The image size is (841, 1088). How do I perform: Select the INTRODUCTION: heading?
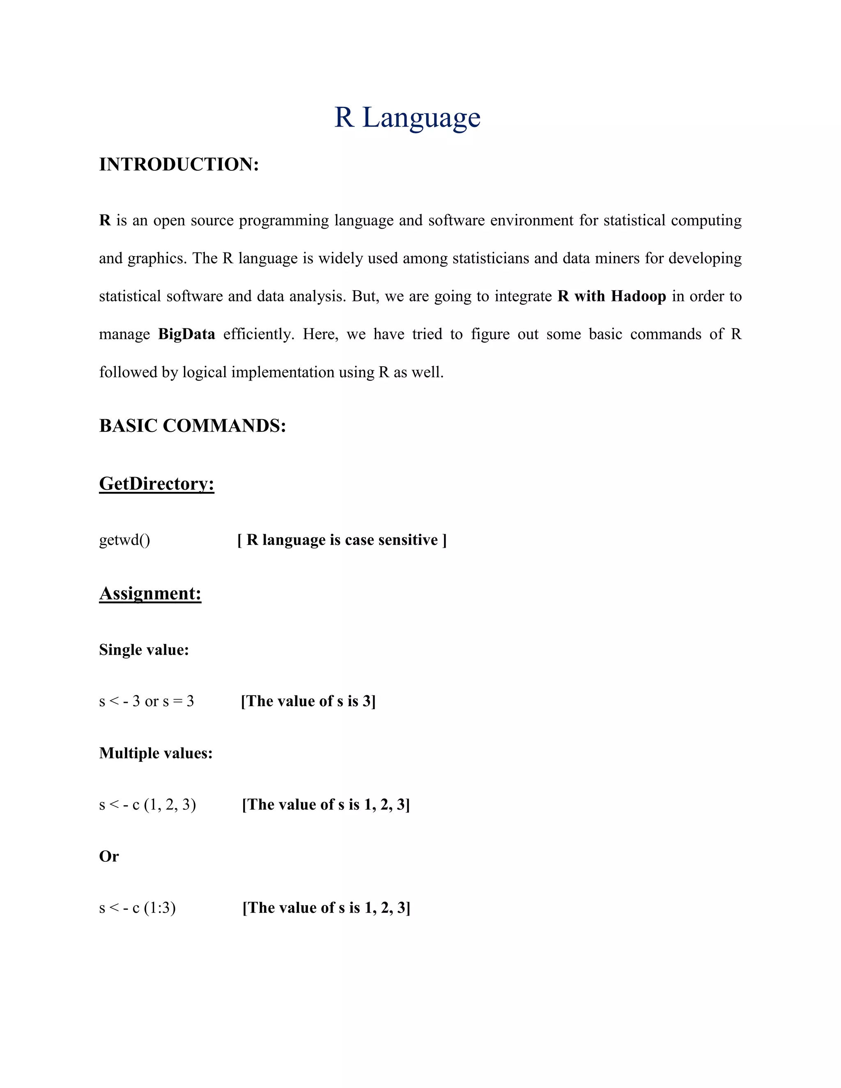pyautogui.click(x=179, y=164)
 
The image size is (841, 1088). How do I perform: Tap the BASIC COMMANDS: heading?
pyautogui.click(x=192, y=426)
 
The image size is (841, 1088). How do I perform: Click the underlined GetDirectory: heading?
pyautogui.click(x=156, y=484)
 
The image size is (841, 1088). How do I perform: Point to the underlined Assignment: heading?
pyautogui.click(x=150, y=593)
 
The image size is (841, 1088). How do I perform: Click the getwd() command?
pyautogui.click(x=124, y=540)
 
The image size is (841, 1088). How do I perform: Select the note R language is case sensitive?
pyautogui.click(x=342, y=540)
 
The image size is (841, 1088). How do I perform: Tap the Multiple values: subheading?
pyautogui.click(x=156, y=753)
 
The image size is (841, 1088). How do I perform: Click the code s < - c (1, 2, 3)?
pyautogui.click(x=147, y=805)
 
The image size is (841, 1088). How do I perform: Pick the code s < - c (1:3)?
pyautogui.click(x=138, y=908)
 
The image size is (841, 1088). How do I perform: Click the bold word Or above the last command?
pyautogui.click(x=108, y=856)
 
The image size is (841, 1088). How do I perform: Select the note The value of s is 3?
pyautogui.click(x=308, y=701)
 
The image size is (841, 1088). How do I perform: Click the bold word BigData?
pyautogui.click(x=186, y=334)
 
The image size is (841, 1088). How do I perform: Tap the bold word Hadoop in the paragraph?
pyautogui.click(x=638, y=296)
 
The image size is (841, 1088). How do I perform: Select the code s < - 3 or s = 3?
pyautogui.click(x=147, y=701)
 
